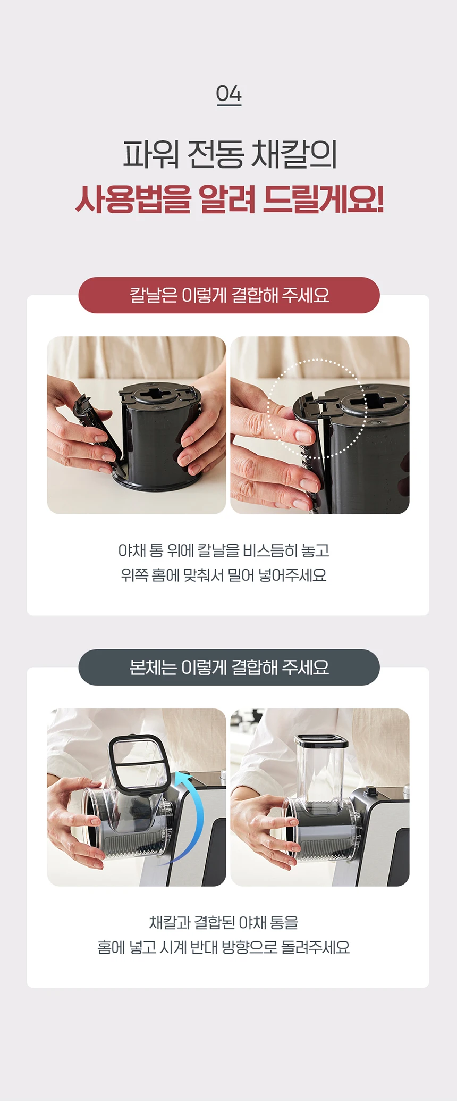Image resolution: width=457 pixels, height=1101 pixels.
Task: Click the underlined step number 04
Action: pyautogui.click(x=228, y=95)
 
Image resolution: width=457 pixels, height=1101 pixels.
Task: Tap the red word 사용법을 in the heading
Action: pyautogui.click(x=133, y=199)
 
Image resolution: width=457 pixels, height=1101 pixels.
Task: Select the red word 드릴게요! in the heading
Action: pyautogui.click(x=323, y=199)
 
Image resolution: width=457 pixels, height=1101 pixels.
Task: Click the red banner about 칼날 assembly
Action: pyautogui.click(x=229, y=295)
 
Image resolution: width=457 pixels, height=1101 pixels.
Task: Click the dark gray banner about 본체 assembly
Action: pyautogui.click(x=229, y=668)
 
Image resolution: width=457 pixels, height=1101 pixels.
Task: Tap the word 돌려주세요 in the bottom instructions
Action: pyautogui.click(x=315, y=947)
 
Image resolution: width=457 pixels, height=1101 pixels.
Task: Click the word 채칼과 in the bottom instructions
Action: pyautogui.click(x=170, y=923)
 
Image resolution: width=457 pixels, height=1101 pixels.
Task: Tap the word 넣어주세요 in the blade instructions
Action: pyautogui.click(x=292, y=575)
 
